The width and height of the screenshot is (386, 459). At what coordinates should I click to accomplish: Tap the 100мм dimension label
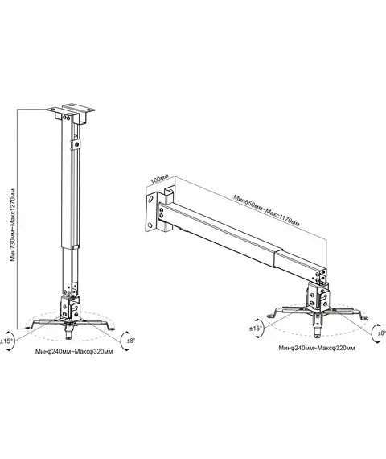click(160, 179)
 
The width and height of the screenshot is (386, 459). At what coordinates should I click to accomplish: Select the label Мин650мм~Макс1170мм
click(266, 210)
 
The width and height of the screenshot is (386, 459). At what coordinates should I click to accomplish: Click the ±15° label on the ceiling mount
click(6, 341)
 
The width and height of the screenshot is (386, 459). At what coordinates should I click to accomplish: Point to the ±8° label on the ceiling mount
click(131, 341)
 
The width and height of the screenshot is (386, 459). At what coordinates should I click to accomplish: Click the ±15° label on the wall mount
click(256, 329)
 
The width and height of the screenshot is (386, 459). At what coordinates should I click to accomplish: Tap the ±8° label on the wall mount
click(381, 333)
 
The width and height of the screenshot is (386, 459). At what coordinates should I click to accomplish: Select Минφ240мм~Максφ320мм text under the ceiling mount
click(74, 351)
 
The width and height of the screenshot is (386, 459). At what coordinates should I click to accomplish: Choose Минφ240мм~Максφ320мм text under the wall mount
click(317, 348)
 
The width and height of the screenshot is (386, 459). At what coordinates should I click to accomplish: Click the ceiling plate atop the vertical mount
click(71, 110)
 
